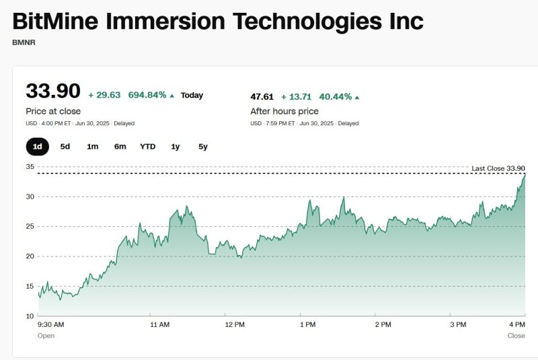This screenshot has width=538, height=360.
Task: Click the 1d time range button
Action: tap(38, 146)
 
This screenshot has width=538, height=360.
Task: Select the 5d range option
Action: tap(65, 146)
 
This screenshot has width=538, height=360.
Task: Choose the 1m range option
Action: tap(93, 146)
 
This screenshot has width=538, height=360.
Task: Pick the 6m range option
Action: tap(120, 146)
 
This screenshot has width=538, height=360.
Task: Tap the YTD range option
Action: tap(147, 146)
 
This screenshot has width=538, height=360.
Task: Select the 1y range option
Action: tap(176, 146)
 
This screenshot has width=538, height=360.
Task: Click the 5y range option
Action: tap(202, 146)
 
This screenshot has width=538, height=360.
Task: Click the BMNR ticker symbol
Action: tap(24, 42)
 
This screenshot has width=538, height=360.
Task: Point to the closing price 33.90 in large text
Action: tap(52, 92)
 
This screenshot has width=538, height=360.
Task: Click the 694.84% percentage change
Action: tap(147, 95)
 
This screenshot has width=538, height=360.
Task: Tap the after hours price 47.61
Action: tap(263, 96)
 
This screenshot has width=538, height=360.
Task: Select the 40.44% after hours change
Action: tap(335, 96)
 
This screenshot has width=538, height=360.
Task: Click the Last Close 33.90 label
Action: tap(498, 168)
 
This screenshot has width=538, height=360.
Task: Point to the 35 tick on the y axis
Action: tap(30, 166)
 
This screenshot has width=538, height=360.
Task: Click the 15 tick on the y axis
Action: tap(30, 286)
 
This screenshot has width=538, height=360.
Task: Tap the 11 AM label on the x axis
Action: tap(159, 324)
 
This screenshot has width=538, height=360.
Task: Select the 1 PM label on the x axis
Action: tap(307, 324)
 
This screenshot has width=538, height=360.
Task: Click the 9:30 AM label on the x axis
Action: tap(50, 324)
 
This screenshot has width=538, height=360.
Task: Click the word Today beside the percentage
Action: tap(192, 95)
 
